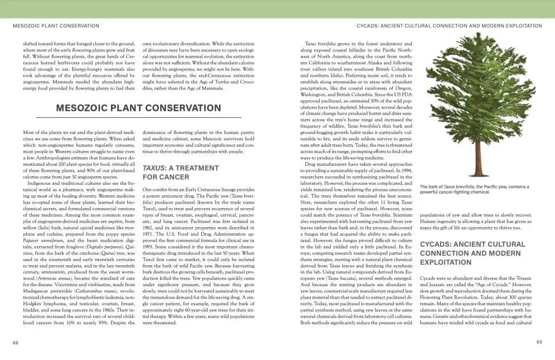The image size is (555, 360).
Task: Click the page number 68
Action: (16, 343)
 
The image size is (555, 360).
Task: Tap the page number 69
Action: (539, 343)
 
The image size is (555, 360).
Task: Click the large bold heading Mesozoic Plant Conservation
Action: (138, 107)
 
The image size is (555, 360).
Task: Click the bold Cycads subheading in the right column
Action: (473, 253)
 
